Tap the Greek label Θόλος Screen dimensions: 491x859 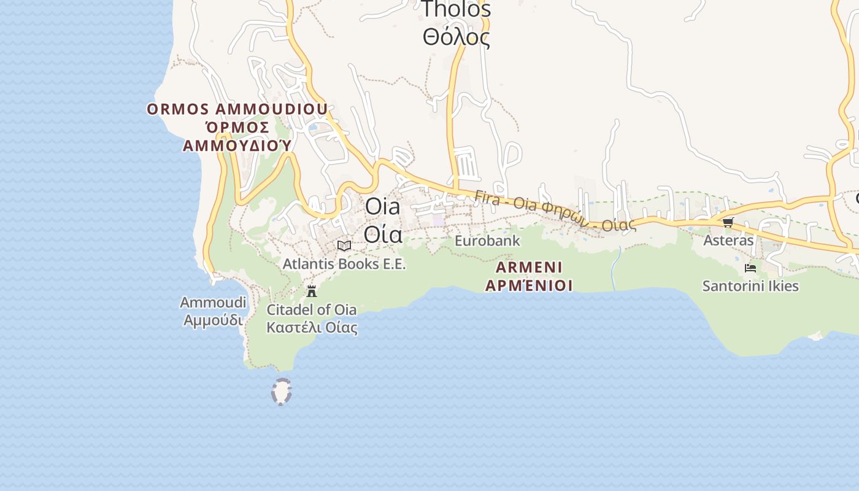(x=456, y=37)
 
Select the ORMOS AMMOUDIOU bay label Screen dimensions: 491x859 (x=237, y=110)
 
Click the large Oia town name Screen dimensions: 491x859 (x=382, y=206)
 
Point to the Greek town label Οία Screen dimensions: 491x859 (x=383, y=234)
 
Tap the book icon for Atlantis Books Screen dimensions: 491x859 (x=344, y=246)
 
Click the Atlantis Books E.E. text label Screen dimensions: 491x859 (x=344, y=264)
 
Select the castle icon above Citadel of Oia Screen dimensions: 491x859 (x=312, y=291)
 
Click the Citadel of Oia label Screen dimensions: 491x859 (x=312, y=309)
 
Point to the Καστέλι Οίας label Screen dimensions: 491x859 (x=312, y=327)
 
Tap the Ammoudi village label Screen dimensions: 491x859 (x=213, y=303)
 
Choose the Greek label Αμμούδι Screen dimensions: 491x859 (x=213, y=320)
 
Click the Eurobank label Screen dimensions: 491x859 (x=487, y=241)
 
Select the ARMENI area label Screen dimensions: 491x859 (x=529, y=268)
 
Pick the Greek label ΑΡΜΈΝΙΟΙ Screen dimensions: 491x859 (x=529, y=285)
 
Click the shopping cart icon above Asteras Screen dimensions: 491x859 (x=728, y=222)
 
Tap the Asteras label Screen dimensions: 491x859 (x=728, y=241)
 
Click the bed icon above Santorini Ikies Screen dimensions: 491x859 (x=750, y=268)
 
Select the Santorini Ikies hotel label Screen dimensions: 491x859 (x=750, y=286)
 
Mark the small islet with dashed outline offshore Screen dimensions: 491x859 (x=282, y=392)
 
